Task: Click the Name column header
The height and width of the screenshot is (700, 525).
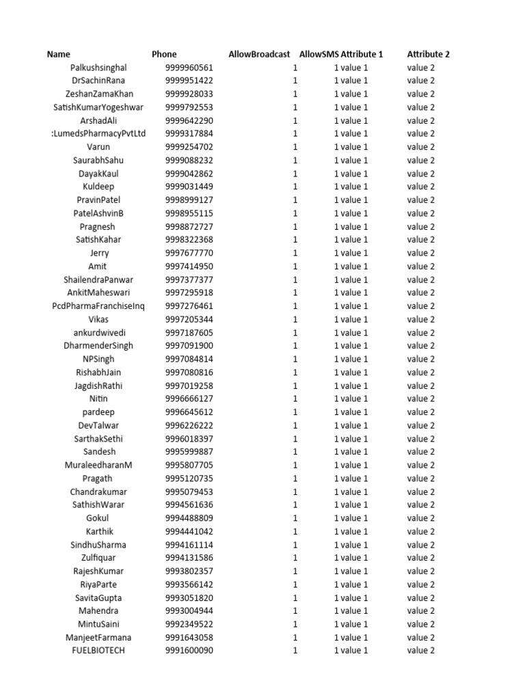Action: pyautogui.click(x=58, y=54)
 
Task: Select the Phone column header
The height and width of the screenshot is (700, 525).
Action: pyautogui.click(x=164, y=54)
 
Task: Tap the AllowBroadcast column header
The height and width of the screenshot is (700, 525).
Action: pyautogui.click(x=259, y=54)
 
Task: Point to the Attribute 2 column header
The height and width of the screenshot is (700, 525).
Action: pyautogui.click(x=428, y=54)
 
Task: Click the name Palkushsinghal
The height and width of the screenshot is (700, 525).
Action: pyautogui.click(x=98, y=68)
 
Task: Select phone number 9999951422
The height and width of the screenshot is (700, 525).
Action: pyautogui.click(x=189, y=81)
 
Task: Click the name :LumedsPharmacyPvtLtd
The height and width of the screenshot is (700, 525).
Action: pyautogui.click(x=98, y=134)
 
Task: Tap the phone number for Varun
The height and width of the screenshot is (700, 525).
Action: pyautogui.click(x=189, y=147)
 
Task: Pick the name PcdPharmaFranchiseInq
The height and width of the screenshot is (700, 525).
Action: pyautogui.click(x=98, y=306)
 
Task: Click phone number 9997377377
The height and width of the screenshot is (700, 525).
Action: pyautogui.click(x=189, y=280)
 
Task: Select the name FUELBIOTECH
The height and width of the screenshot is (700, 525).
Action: pyautogui.click(x=98, y=651)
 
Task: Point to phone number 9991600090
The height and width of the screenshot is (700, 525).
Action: pyautogui.click(x=189, y=651)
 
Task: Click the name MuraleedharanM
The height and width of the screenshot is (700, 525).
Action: pyautogui.click(x=98, y=466)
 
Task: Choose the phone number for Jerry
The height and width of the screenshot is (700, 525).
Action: pyautogui.click(x=189, y=253)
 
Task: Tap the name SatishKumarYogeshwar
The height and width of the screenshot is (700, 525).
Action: pyautogui.click(x=98, y=107)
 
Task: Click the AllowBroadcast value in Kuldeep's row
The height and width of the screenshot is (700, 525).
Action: pyautogui.click(x=295, y=187)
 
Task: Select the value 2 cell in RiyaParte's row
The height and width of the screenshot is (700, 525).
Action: pyautogui.click(x=421, y=584)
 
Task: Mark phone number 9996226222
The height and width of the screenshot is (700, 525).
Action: pyautogui.click(x=189, y=425)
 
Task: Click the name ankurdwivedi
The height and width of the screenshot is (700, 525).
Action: pyautogui.click(x=98, y=333)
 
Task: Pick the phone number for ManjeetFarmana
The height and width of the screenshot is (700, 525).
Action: pyautogui.click(x=189, y=638)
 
